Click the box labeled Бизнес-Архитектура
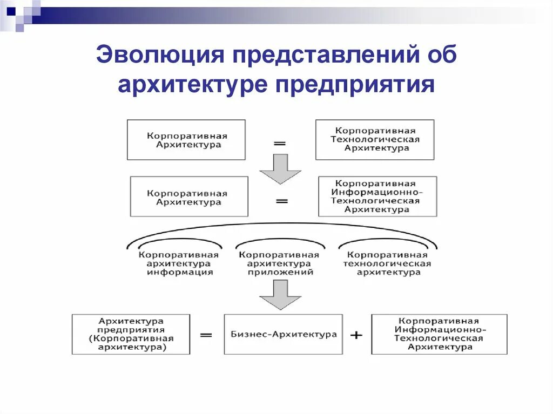tap(283, 335)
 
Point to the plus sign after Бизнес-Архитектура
tap(356, 335)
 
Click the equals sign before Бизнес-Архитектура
tap(206, 335)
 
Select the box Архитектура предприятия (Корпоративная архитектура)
tap(131, 335)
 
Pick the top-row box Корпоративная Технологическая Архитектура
tap(375, 140)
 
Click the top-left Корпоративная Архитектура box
tap(186, 140)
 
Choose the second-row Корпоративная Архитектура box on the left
tap(189, 197)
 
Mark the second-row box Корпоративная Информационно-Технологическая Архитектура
tap(377, 197)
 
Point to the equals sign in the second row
tap(281, 201)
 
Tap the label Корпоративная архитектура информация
tap(179, 264)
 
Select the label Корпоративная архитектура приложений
tap(279, 264)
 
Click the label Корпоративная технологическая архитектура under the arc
tap(387, 264)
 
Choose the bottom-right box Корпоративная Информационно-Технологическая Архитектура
tap(439, 335)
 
